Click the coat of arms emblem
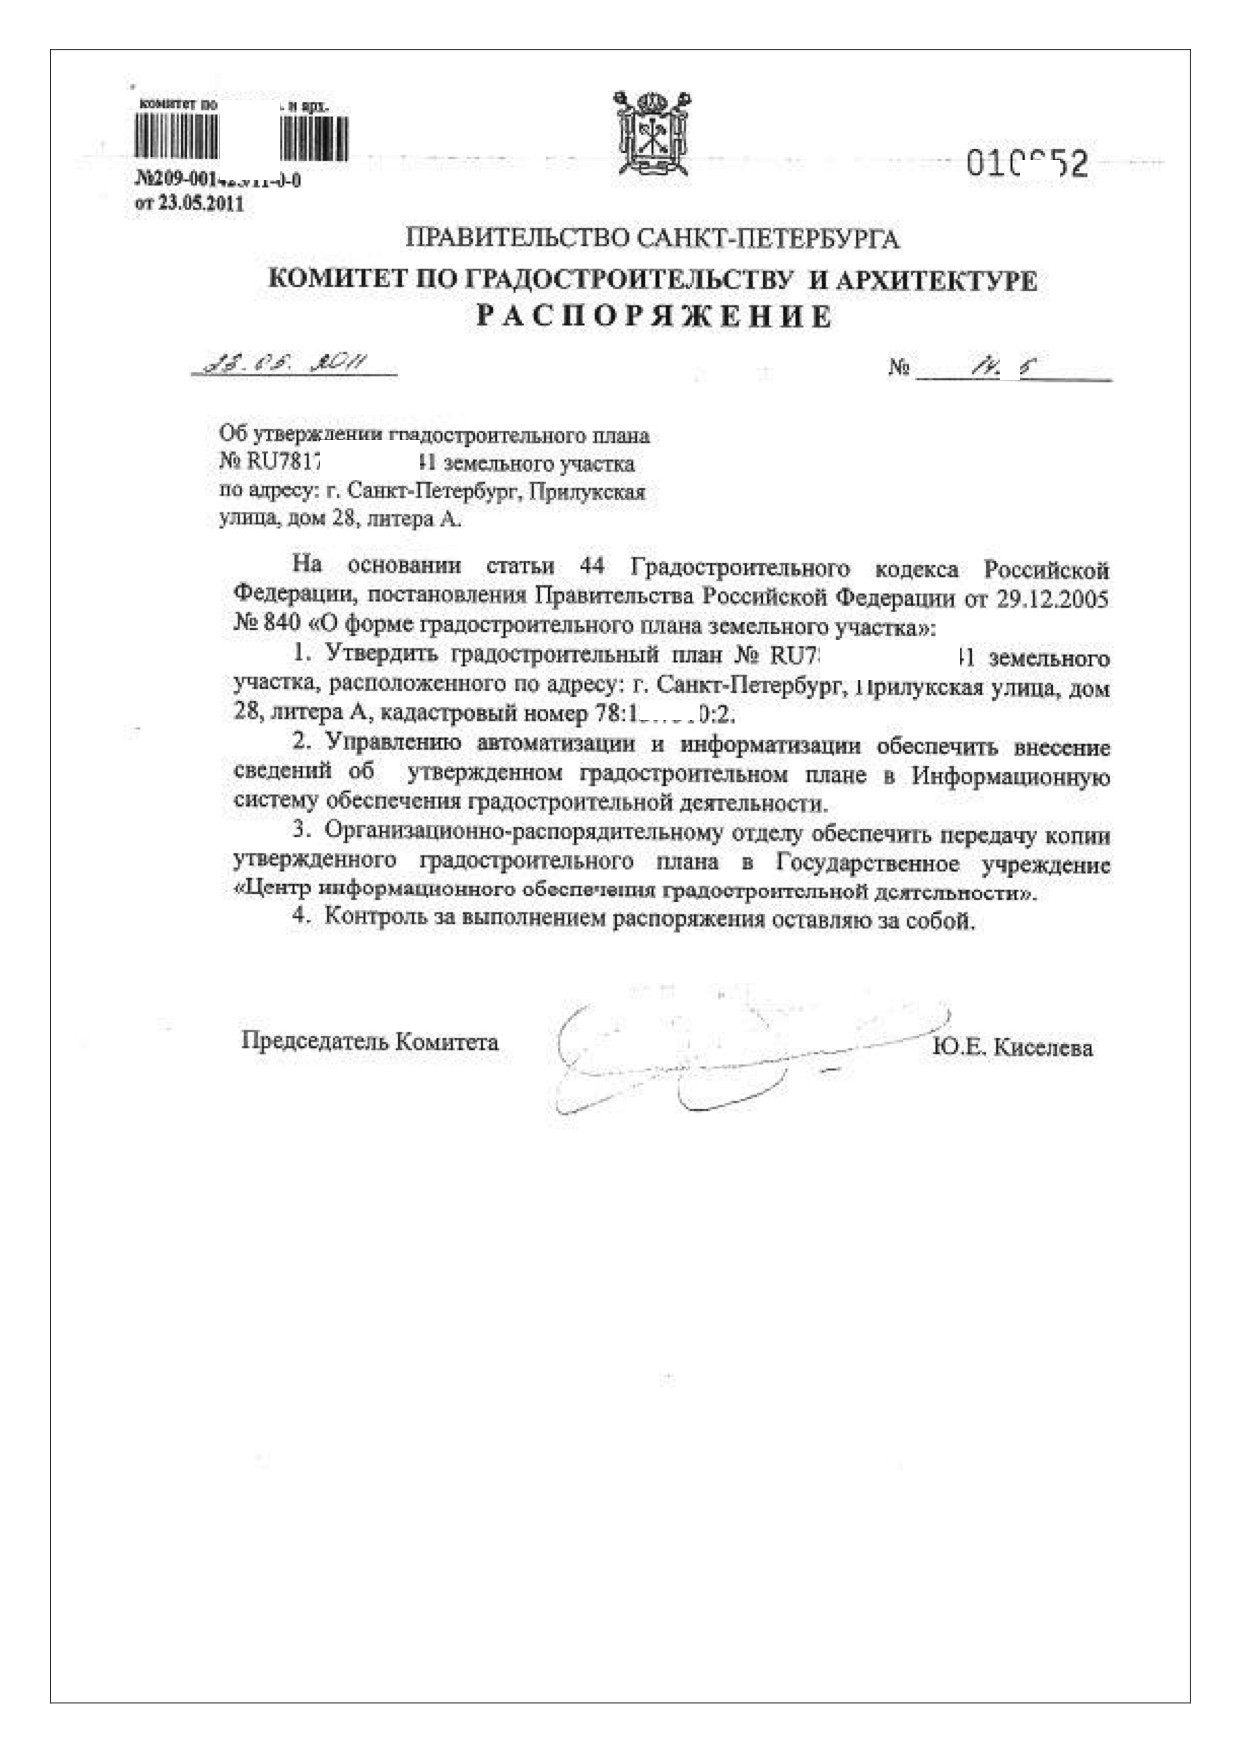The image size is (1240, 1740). (654, 133)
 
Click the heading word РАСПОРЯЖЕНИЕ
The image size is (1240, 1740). (653, 317)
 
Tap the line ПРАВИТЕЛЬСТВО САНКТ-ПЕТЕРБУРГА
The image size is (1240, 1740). (652, 239)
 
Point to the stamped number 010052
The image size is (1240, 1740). (1026, 163)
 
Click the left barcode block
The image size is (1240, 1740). (176, 137)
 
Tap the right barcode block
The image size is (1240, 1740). (313, 138)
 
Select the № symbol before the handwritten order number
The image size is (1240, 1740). (898, 368)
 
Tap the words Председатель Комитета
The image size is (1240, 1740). (369, 1041)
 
